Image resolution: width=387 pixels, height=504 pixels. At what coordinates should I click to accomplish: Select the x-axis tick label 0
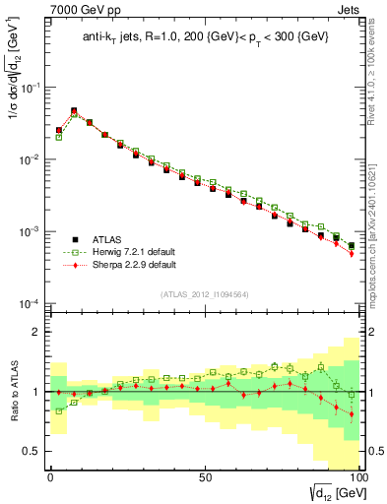[50, 476]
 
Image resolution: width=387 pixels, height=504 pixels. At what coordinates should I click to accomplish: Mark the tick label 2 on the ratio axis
[35, 332]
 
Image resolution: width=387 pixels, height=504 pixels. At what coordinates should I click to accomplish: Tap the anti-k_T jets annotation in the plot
[204, 38]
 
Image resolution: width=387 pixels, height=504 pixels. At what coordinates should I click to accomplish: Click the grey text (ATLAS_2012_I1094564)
[204, 293]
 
